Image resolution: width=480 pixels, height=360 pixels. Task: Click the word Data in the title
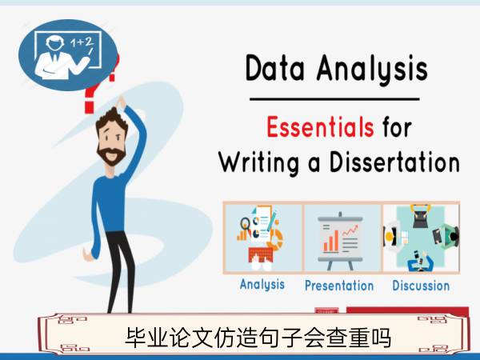(275, 68)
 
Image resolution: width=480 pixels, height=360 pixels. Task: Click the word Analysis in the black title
(372, 69)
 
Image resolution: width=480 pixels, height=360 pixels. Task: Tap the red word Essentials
(320, 127)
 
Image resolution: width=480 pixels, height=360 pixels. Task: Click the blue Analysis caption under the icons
(262, 285)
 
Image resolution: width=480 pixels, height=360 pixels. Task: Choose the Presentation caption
(339, 286)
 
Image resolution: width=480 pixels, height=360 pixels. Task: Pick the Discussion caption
(421, 286)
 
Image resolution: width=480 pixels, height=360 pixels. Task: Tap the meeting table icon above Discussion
(422, 238)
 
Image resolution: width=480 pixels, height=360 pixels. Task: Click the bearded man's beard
(111, 155)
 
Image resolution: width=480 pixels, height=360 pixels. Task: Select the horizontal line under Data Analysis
(334, 99)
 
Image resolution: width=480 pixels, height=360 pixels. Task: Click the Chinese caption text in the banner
(258, 338)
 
